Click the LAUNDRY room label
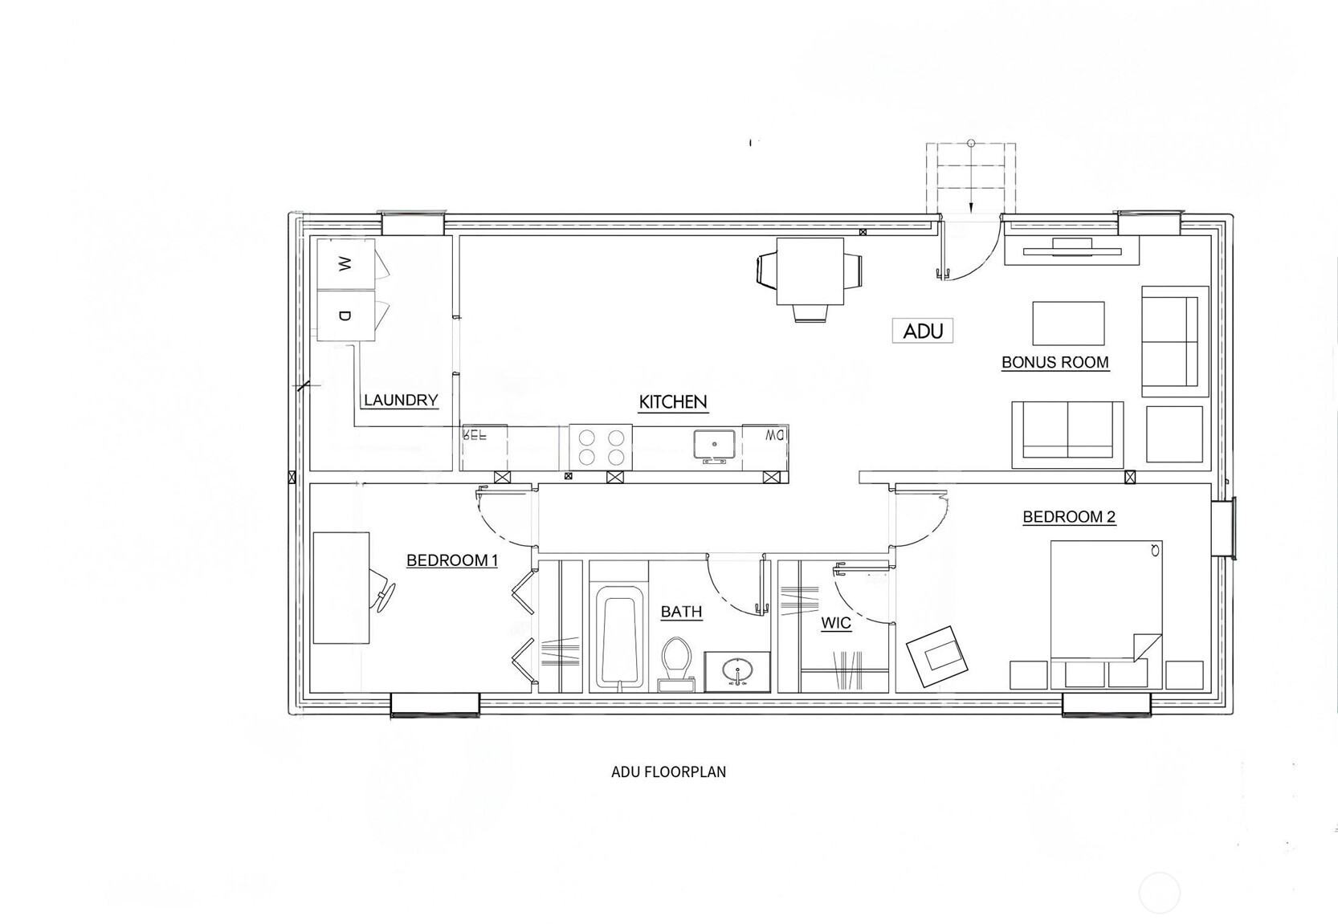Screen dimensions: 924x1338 pos(401,400)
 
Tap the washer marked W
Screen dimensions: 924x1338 pos(345,264)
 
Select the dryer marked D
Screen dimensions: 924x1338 pos(345,315)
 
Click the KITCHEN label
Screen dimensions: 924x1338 pos(673,401)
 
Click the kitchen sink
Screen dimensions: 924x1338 pos(714,444)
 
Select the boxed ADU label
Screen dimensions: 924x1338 pos(923,331)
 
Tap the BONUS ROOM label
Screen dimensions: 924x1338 pos(1054,362)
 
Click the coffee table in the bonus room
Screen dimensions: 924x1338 pos(1068,324)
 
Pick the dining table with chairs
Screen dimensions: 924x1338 pos(810,271)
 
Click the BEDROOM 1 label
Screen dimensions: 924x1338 pos(452,560)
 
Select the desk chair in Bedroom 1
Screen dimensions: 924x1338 pos(382,590)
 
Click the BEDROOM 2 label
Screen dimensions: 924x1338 pos(1069,517)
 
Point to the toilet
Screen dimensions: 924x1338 pos(676,662)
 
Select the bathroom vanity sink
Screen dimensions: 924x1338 pos(737,671)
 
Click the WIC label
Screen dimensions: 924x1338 pos(836,623)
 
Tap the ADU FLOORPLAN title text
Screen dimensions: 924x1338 pos(668,772)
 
